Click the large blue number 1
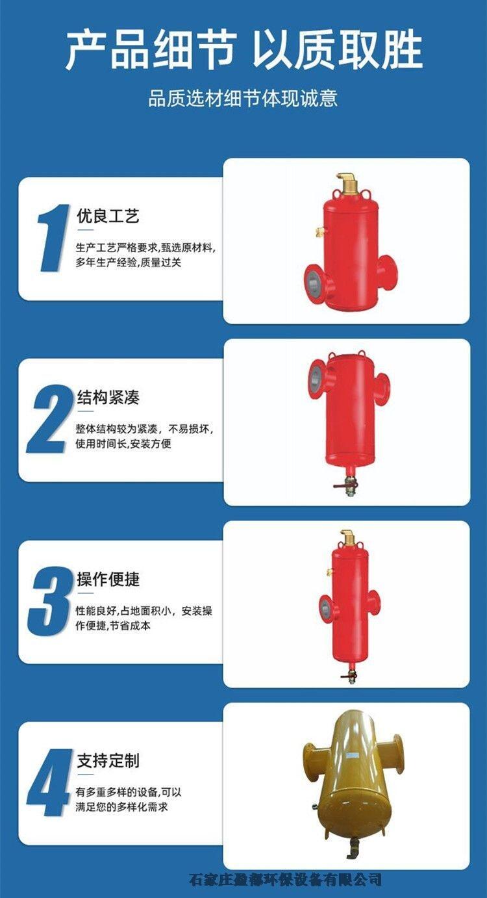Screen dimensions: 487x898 tap(53, 238)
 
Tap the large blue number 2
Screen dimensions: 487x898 tap(48, 419)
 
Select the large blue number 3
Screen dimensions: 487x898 tap(49, 600)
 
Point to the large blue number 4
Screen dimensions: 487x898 tap(49, 782)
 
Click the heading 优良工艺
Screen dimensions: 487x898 tap(108, 216)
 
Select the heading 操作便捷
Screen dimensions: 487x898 tap(108, 579)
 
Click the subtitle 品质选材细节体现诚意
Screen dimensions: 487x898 tap(243, 99)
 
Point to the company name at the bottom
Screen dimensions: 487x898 tap(285, 879)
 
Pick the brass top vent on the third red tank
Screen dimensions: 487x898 tap(346, 535)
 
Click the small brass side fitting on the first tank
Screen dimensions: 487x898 tap(320, 230)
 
